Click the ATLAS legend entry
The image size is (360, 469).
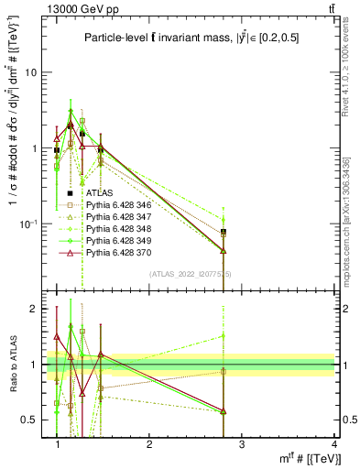[99, 193]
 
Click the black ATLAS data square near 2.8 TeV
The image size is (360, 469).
[224, 232]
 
